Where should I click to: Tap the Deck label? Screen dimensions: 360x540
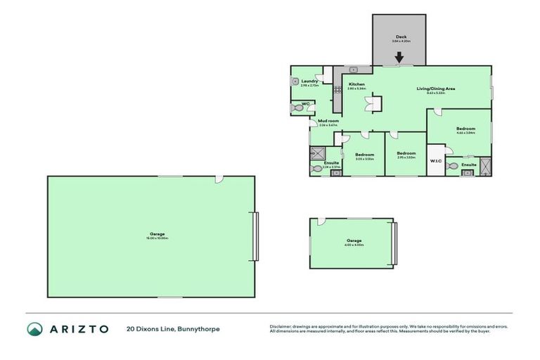(401, 37)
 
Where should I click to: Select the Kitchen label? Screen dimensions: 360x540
(356, 84)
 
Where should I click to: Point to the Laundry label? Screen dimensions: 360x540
(309, 82)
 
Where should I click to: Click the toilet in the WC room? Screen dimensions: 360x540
(295, 108)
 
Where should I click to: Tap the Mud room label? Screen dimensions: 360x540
(328, 121)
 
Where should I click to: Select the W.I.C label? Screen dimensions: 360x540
(436, 160)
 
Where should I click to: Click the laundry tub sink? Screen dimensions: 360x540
(295, 81)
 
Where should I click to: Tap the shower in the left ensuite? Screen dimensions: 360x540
(316, 152)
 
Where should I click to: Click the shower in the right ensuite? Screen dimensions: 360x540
(486, 167)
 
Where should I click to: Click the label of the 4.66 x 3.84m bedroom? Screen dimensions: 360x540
(465, 129)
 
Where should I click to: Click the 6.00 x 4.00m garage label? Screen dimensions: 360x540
(353, 240)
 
